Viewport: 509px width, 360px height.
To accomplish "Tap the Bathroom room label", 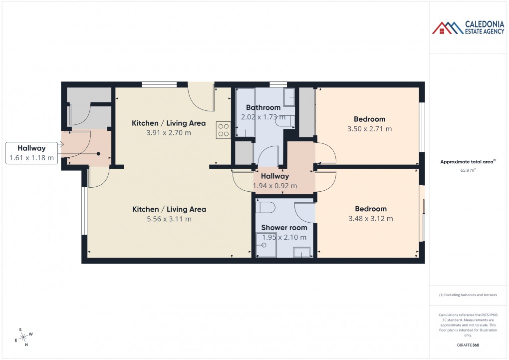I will (x=263, y=107).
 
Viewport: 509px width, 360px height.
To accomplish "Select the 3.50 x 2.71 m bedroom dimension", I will (x=369, y=129).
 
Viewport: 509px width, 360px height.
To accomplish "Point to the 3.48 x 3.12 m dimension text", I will (x=370, y=219).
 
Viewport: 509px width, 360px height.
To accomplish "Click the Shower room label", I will (x=284, y=228).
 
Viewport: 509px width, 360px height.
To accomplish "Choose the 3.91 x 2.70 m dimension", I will (x=169, y=133).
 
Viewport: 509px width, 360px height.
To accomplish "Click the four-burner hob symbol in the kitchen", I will (x=223, y=130).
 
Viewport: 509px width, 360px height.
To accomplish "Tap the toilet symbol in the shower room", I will (x=264, y=207).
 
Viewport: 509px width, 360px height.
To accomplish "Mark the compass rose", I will (x=23, y=337).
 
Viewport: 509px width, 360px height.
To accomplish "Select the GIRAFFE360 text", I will (x=469, y=345).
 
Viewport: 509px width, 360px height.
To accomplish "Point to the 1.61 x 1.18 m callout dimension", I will (x=31, y=158).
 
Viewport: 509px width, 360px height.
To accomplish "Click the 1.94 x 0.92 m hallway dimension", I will (x=274, y=186).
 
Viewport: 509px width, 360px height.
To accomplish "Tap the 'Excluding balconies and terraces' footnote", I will (x=468, y=295).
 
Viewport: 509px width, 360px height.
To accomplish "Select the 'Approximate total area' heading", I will (x=467, y=162).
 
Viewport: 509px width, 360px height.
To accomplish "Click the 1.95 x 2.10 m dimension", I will (x=284, y=238).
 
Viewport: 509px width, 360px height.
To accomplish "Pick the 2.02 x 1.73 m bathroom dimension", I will (x=263, y=117).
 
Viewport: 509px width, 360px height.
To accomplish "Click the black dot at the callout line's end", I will (x=98, y=154).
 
